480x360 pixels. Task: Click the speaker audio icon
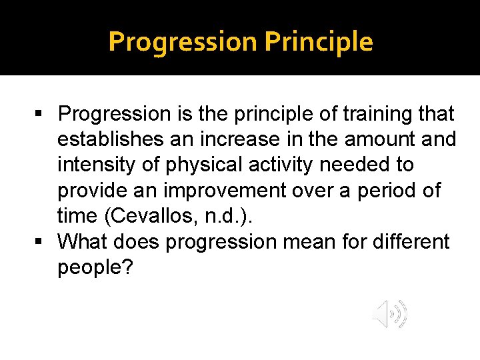coord(389,314)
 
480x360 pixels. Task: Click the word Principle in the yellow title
coord(319,42)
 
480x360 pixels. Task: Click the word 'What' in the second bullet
coord(83,241)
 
